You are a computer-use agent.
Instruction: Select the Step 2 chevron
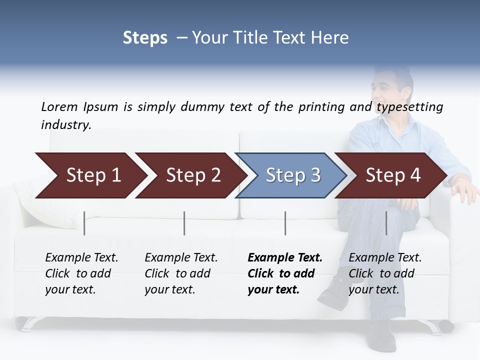192,175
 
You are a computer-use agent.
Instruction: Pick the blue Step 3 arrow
292,175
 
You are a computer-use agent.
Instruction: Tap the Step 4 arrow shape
392,175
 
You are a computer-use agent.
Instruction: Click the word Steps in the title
145,38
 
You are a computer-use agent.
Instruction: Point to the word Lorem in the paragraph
59,107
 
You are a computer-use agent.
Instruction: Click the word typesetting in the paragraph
409,107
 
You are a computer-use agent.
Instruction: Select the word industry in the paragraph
65,125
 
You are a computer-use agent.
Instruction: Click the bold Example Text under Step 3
285,258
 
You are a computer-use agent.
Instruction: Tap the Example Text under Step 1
81,258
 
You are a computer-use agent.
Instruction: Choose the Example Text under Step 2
181,258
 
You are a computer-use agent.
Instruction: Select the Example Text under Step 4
385,258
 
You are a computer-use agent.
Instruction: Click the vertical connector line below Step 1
84,223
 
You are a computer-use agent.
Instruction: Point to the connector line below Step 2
184,223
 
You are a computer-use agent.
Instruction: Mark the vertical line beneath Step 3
285,223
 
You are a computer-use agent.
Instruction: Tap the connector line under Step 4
386,223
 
